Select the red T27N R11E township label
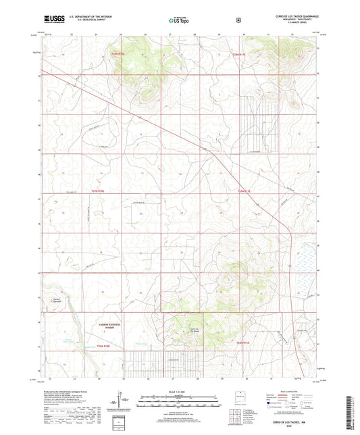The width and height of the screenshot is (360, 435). coord(244,192)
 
